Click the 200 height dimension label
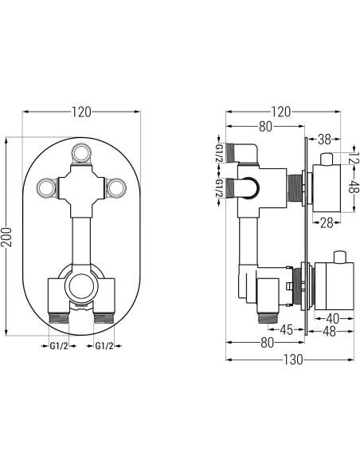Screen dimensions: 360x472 pos(7,237)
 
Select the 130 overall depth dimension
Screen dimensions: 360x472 pos(293,360)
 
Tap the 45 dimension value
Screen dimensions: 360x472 pos(286,330)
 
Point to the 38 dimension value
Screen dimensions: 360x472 pos(324,140)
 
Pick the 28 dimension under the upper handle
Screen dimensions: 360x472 pos(327,222)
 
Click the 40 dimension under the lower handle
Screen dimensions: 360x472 pos(332,318)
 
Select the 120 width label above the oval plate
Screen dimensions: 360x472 pos(81,112)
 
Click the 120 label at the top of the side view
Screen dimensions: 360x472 pos(280,112)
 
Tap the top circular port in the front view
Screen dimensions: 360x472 pos(81,153)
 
